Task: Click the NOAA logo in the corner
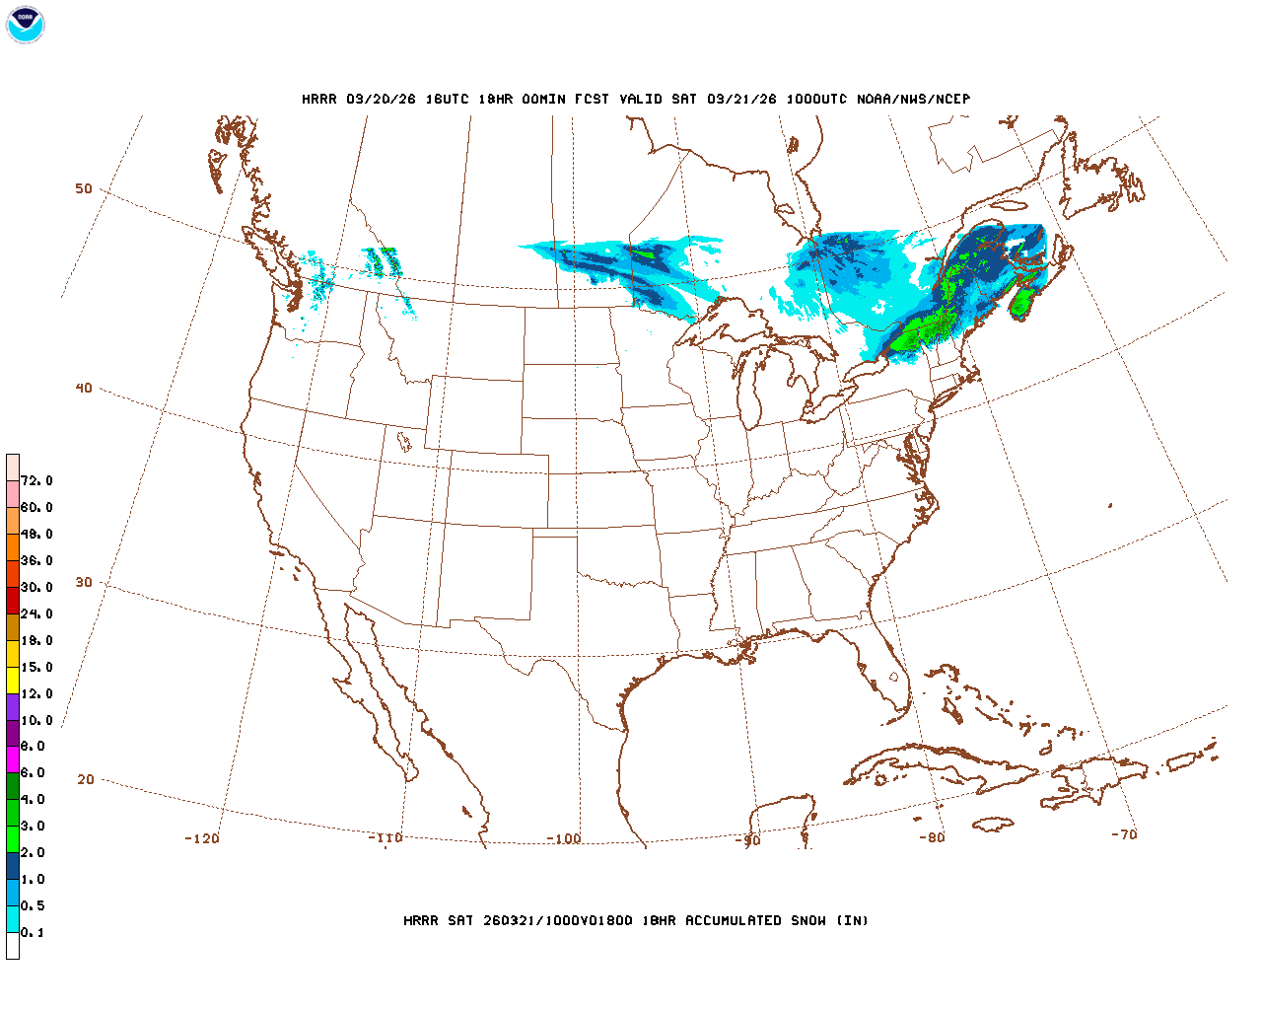tap(25, 25)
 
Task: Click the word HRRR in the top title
tap(318, 100)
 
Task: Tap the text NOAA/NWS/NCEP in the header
tap(913, 100)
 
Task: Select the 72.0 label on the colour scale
tap(36, 481)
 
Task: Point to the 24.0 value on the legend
tap(36, 614)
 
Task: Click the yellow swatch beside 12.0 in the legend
tap(13, 681)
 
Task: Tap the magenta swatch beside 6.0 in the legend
tap(13, 759)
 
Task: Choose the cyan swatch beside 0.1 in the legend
tap(13, 919)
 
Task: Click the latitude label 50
tap(84, 189)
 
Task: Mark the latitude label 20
tap(86, 780)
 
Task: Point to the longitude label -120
tap(202, 839)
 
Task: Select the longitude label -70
tap(1124, 834)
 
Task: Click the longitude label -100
tap(564, 839)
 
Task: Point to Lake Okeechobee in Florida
tap(894, 678)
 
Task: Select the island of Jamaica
tap(993, 823)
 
